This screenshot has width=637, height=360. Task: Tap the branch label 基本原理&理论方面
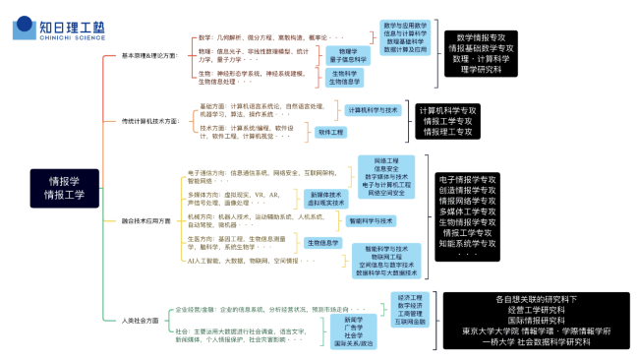pos(149,56)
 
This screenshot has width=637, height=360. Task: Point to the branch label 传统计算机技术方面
pos(148,121)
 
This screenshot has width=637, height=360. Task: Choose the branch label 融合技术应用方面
pos(145,220)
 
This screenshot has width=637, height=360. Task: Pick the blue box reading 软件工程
pos(331,131)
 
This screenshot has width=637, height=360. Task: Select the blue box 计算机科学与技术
pos(372,110)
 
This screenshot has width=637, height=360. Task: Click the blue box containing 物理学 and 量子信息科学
pos(347,55)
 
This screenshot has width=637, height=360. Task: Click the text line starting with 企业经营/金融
pos(255,310)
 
